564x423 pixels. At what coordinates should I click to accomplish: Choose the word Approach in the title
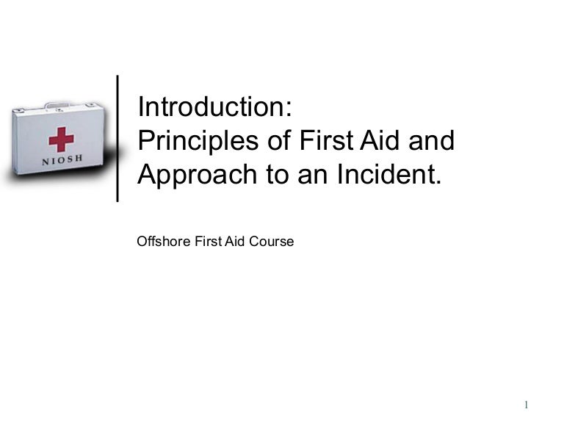click(187, 176)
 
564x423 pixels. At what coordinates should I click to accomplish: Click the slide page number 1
click(527, 405)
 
